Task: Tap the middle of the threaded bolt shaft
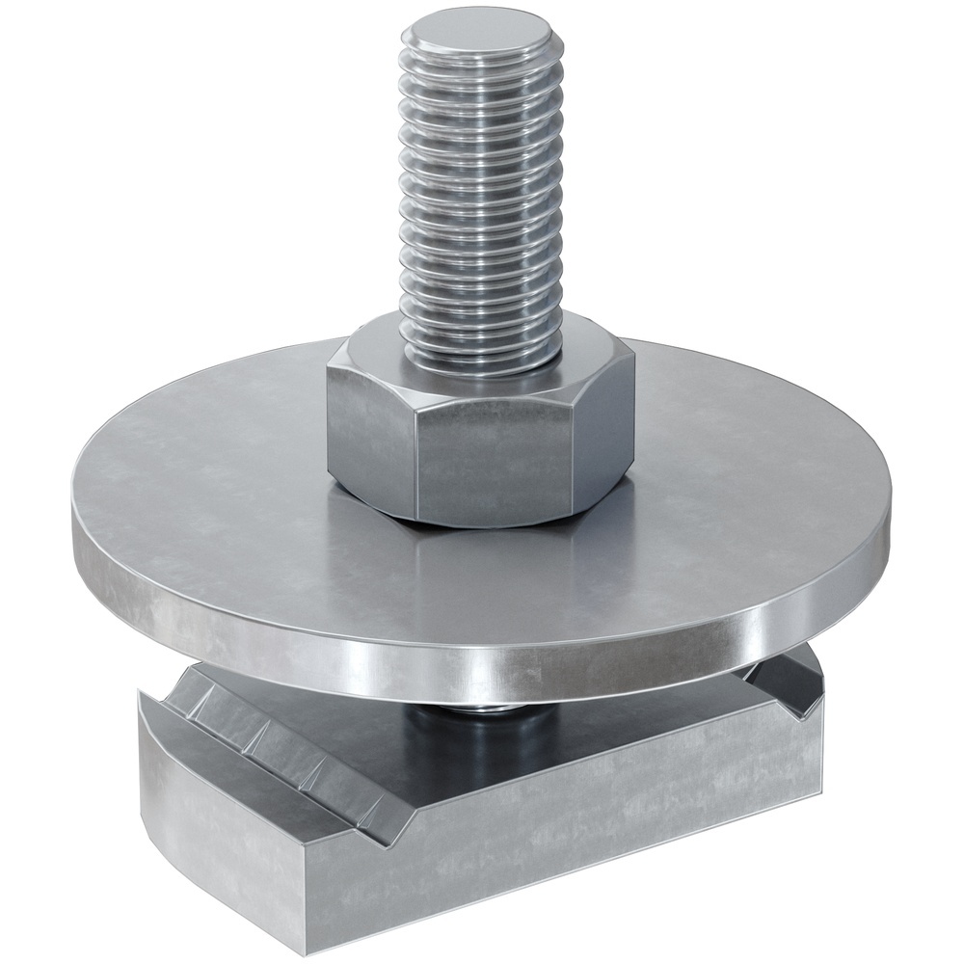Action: tap(480, 193)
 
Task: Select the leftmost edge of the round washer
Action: tap(73, 521)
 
